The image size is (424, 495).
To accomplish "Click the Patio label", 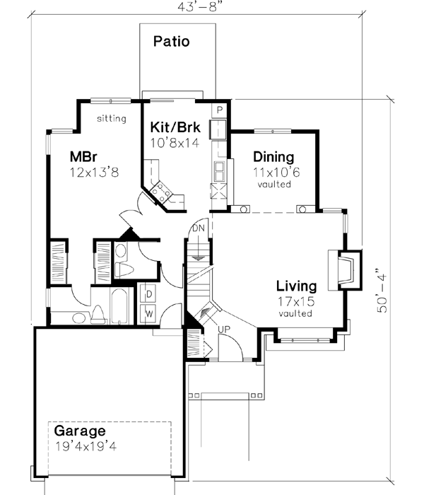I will coord(172,41).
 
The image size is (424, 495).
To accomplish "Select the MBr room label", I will coord(83,156).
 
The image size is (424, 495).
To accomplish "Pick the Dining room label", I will coord(273,157).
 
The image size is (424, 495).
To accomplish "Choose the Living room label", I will coord(296,286).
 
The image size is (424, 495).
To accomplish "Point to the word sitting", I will coord(112,119).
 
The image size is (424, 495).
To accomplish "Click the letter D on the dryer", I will coord(150,291).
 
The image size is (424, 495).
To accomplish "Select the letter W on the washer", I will coord(150,311).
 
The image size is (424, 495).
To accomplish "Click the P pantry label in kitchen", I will coord(220,110).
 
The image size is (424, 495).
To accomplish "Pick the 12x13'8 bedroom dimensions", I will coord(95,172).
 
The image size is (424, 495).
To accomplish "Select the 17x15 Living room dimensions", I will coord(295,301).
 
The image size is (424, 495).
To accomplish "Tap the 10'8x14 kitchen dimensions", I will coord(175,142).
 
